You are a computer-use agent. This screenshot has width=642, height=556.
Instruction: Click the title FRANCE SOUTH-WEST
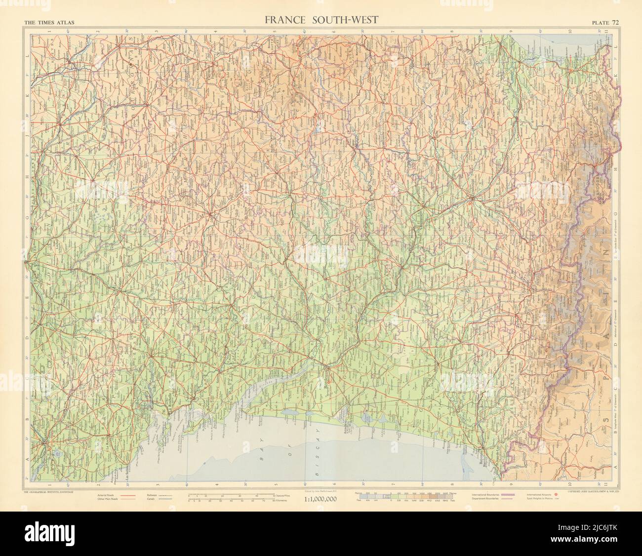321,20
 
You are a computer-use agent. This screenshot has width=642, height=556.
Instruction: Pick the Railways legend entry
154,493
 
